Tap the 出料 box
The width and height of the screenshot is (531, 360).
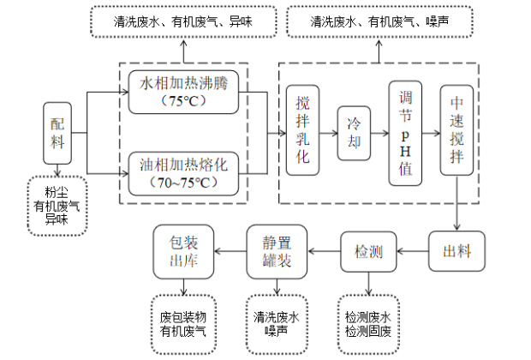[x=456, y=252]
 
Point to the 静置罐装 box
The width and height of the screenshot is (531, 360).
[x=277, y=252]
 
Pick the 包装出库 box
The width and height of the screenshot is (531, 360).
[x=182, y=252]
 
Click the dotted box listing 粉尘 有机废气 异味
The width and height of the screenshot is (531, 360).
[x=57, y=206]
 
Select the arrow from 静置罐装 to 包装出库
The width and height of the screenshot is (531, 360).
[x=229, y=252]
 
